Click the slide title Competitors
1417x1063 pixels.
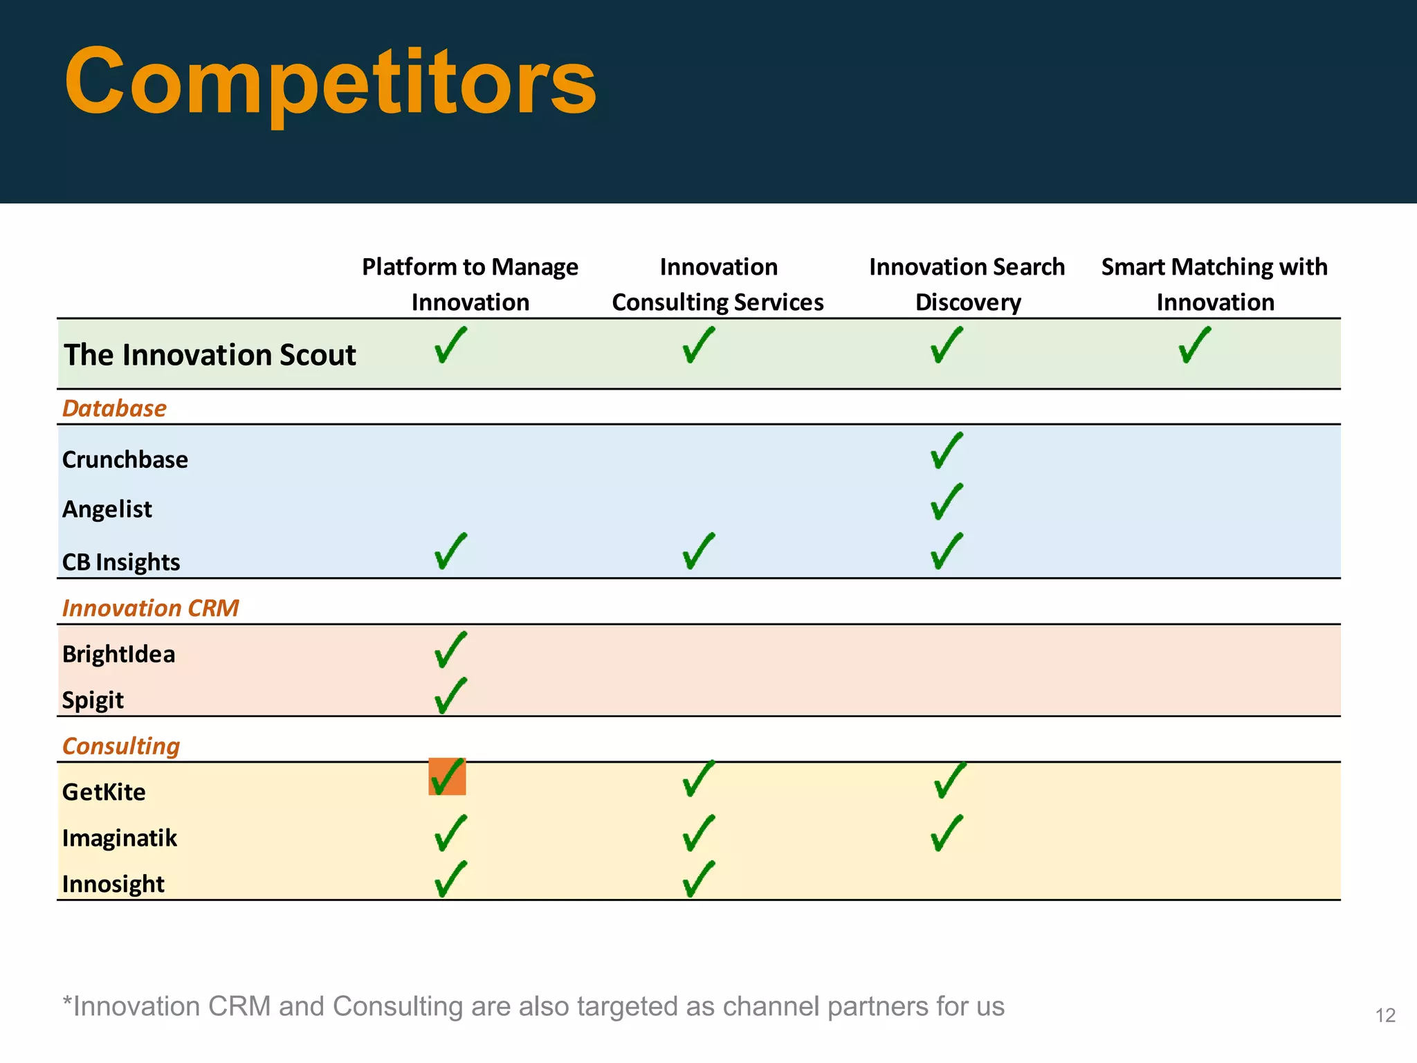330,82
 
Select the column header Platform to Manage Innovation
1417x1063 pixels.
470,284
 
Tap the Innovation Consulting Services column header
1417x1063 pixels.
717,284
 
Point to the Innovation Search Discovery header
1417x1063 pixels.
967,284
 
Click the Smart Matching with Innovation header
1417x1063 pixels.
1214,284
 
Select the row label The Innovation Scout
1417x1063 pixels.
210,355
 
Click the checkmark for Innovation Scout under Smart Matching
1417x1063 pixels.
1194,345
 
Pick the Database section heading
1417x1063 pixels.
114,408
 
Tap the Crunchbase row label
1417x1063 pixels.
125,460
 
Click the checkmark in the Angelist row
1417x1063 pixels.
946,502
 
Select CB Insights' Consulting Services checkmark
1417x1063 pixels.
698,551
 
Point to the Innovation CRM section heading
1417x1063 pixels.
150,608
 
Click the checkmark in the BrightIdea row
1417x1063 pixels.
450,650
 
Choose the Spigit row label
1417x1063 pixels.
93,700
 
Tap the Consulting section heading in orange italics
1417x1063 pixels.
121,746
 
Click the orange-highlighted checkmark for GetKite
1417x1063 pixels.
447,776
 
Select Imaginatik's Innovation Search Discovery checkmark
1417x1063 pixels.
946,833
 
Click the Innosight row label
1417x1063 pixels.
113,884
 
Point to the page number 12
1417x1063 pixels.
1385,1015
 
